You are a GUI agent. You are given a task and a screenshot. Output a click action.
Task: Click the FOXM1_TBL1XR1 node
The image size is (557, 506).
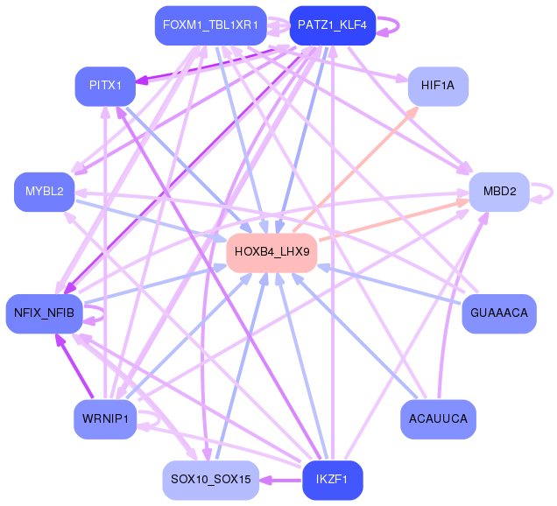click(x=210, y=25)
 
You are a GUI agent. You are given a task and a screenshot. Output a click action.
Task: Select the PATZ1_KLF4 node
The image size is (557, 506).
click(x=332, y=25)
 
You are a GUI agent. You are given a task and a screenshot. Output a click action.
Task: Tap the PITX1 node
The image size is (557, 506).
click(x=105, y=85)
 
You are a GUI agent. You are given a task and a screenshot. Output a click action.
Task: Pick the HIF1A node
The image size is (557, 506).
click(x=438, y=86)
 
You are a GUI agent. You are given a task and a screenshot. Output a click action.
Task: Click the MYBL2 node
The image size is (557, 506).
click(x=44, y=192)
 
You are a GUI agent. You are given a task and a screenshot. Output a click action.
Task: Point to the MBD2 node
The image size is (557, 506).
click(x=499, y=191)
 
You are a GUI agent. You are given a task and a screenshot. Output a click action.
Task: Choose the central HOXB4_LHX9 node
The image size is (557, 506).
click(x=271, y=252)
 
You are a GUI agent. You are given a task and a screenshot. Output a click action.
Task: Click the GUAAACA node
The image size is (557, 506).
click(x=498, y=313)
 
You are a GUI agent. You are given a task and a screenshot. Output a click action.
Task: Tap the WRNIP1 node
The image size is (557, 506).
click(x=105, y=419)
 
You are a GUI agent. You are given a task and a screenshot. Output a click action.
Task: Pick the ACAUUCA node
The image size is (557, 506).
click(x=438, y=419)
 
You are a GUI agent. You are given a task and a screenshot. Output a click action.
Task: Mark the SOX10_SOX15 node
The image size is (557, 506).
click(x=210, y=480)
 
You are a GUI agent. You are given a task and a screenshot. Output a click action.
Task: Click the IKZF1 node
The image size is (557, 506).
click(x=332, y=480)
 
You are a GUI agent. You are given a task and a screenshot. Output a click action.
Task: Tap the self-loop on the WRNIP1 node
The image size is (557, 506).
click(x=154, y=421)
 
